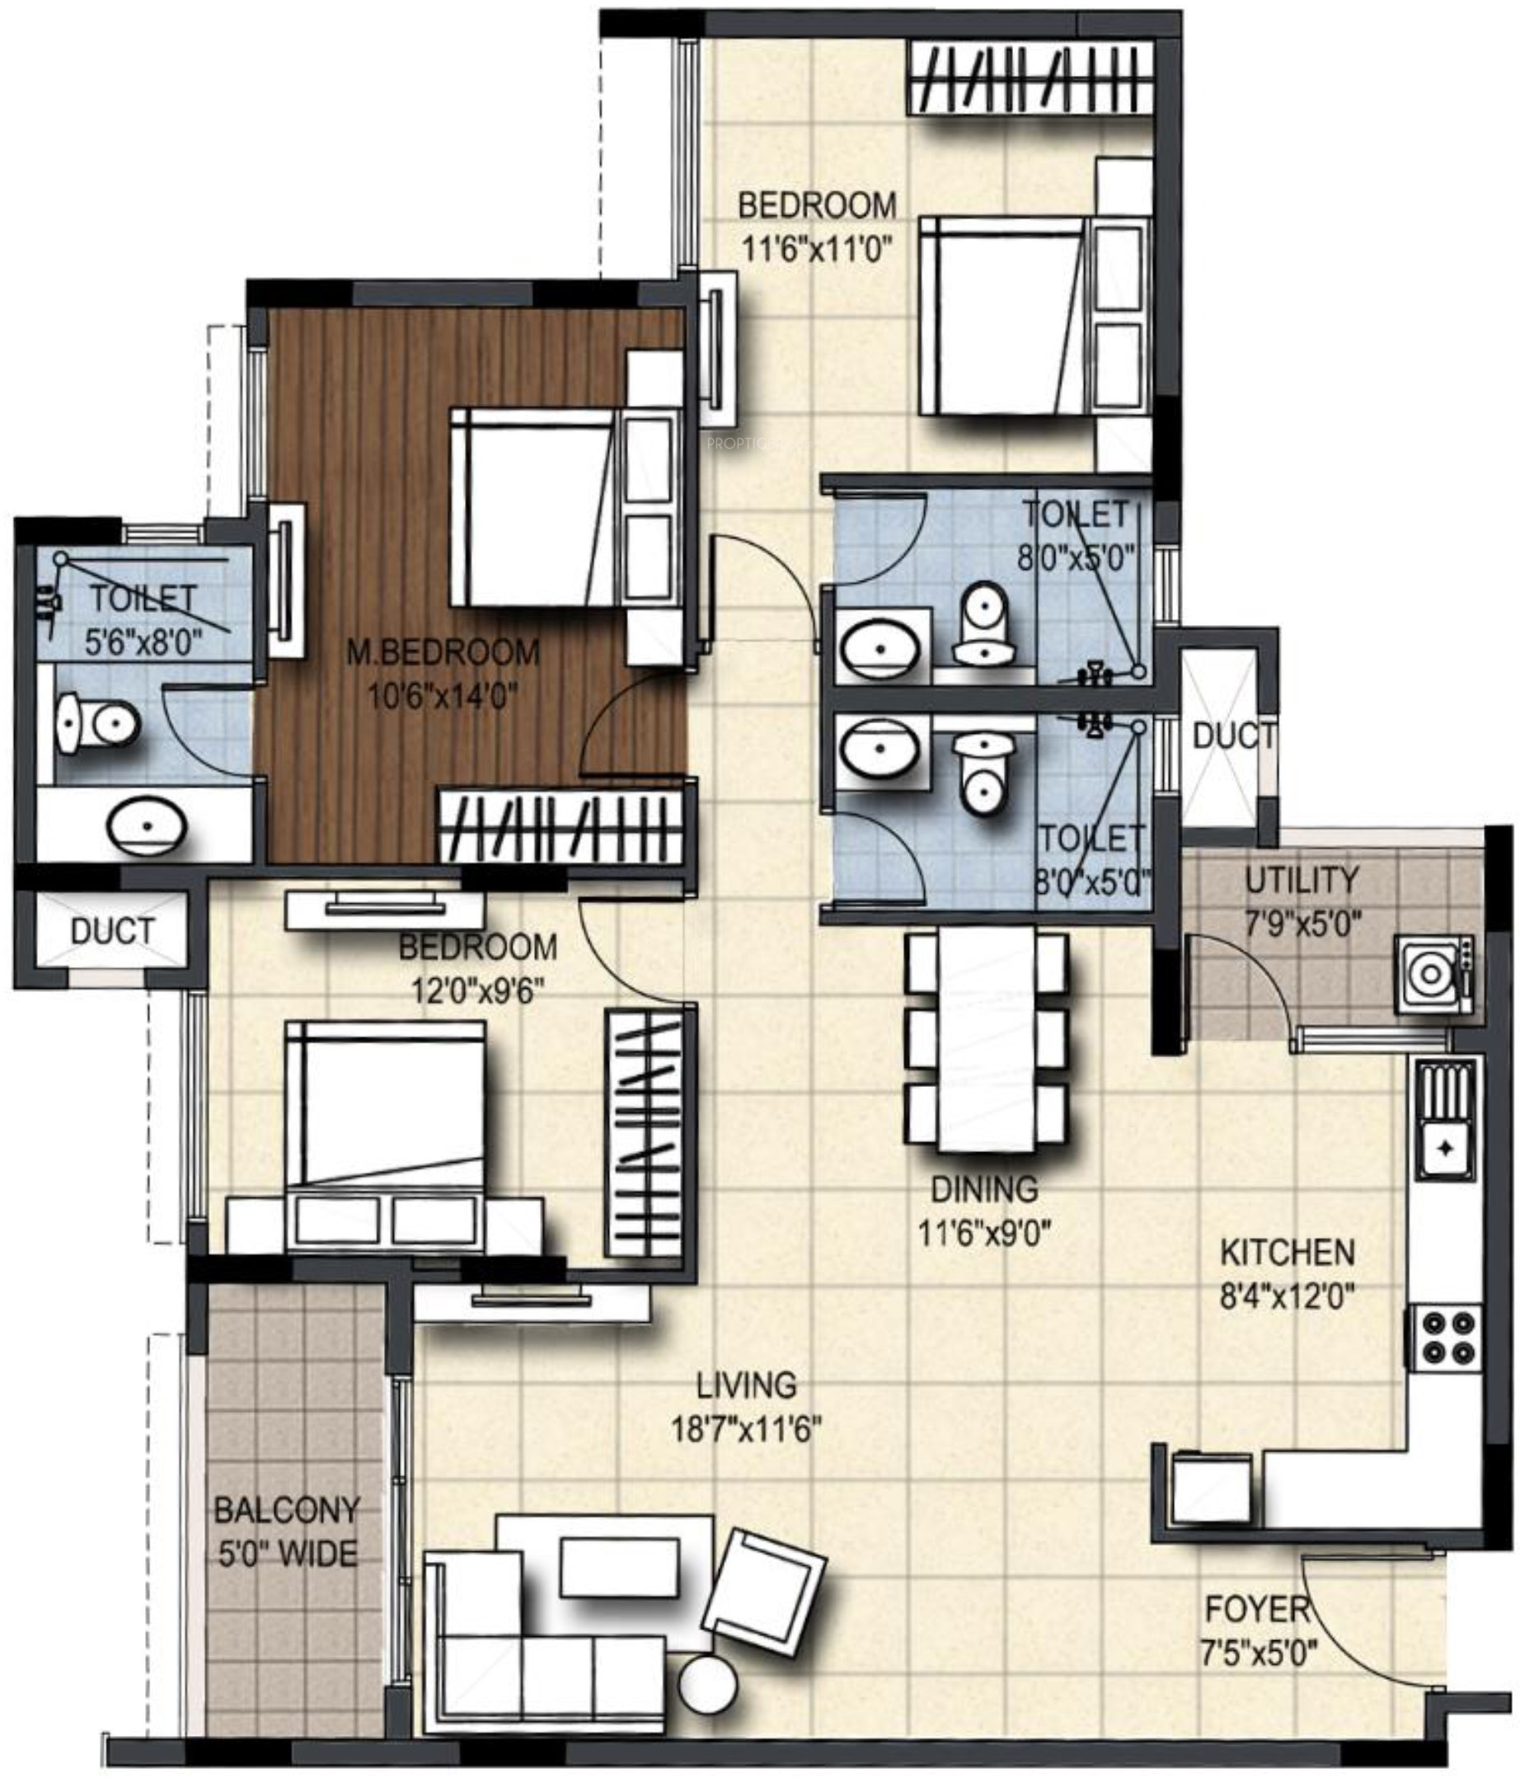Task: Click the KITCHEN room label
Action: pyautogui.click(x=1288, y=1252)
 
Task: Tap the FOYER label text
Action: pyautogui.click(x=1258, y=1609)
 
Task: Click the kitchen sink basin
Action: pyautogui.click(x=1447, y=1147)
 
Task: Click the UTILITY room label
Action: pyautogui.click(x=1302, y=880)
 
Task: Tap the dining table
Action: pyautogui.click(x=987, y=1037)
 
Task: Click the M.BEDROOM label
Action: pyautogui.click(x=443, y=651)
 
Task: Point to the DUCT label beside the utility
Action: pyautogui.click(x=1232, y=736)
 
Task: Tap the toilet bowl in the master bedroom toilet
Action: pyautogui.click(x=97, y=724)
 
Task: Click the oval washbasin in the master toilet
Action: pyautogui.click(x=147, y=826)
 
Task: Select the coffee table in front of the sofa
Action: pyautogui.click(x=620, y=1567)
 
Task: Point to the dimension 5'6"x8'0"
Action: pyautogui.click(x=143, y=642)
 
